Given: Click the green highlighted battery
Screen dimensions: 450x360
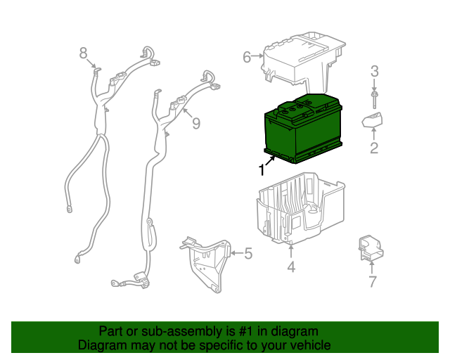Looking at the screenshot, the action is tap(303, 129).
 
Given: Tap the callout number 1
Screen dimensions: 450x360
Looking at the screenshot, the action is tap(262, 169).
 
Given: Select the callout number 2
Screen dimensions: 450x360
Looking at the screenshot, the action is tap(374, 148).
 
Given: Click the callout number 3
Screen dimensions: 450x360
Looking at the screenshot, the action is tap(374, 72).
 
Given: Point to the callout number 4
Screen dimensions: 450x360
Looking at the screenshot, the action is tap(291, 266).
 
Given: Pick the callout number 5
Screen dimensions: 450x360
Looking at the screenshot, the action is tap(248, 253).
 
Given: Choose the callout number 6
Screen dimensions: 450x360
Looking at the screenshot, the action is tap(247, 57).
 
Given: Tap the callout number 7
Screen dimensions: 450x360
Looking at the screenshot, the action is tap(372, 282).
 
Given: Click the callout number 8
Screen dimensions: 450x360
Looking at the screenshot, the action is tap(83, 53).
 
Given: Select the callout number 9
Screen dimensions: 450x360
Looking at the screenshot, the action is tap(196, 124).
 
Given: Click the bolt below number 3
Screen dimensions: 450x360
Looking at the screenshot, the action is tap(374, 100).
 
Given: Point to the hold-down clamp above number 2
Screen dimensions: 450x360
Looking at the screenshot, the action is tap(372, 120).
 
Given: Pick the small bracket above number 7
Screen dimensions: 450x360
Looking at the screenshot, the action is tap(371, 248).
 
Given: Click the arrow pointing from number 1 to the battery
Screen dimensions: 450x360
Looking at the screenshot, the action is tap(270, 161).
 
